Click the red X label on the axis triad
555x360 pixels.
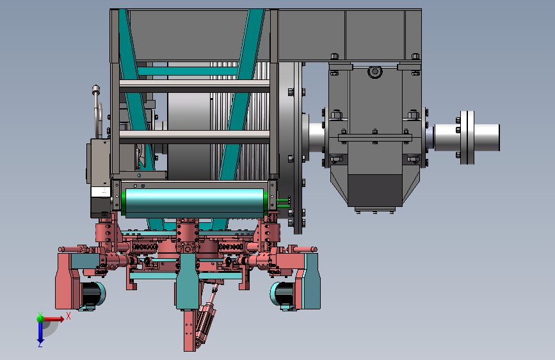[x=68, y=316]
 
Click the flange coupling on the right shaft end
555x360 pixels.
[x=467, y=138]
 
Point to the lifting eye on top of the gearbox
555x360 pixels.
[x=375, y=72]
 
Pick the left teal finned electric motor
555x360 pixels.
[x=93, y=294]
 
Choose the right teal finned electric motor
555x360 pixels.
[x=282, y=294]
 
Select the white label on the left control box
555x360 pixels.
[x=100, y=192]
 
